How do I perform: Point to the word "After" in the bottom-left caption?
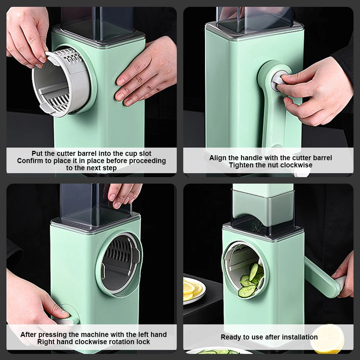click(x=28, y=334)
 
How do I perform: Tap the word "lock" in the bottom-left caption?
click(x=143, y=342)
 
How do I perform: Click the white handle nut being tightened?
click(x=279, y=81)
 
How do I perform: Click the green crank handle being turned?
click(x=321, y=277)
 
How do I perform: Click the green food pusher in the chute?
click(x=263, y=204)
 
